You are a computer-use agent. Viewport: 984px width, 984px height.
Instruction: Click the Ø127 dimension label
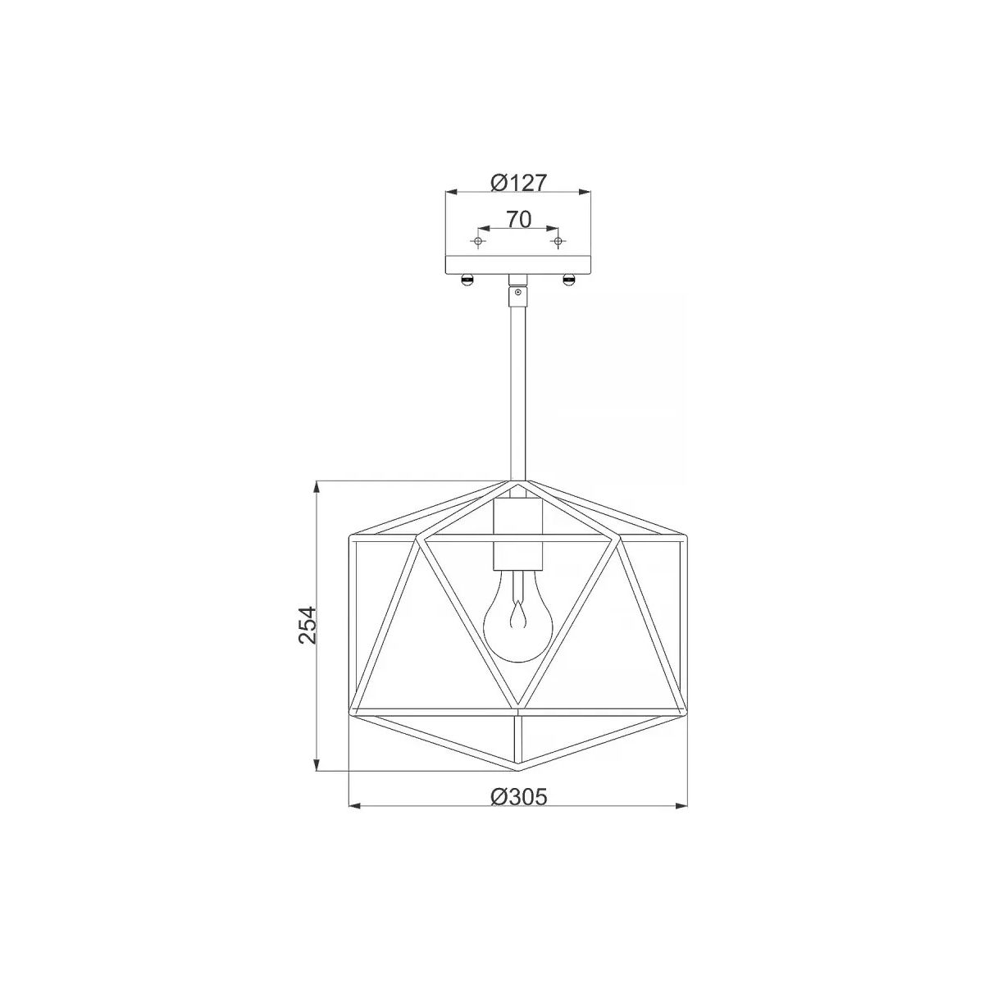click(x=518, y=182)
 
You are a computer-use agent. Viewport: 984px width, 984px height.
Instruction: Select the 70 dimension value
click(x=519, y=219)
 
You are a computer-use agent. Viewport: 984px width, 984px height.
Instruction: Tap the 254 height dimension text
click(x=308, y=625)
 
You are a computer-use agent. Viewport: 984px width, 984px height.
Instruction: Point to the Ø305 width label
click(x=518, y=796)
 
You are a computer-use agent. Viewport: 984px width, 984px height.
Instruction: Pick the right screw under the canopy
click(x=568, y=280)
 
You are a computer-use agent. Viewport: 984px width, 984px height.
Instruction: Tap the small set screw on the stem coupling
click(x=518, y=292)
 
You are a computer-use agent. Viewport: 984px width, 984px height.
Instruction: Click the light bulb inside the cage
click(x=517, y=615)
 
